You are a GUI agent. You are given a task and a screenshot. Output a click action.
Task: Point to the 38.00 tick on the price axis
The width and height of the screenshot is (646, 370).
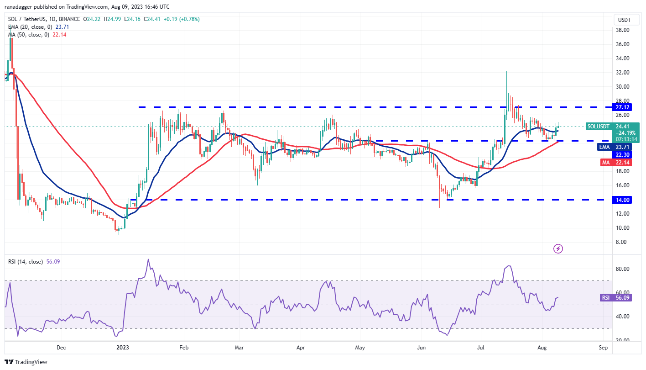coord(623,30)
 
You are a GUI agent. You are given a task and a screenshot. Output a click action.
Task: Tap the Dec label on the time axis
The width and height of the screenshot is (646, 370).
coord(62,348)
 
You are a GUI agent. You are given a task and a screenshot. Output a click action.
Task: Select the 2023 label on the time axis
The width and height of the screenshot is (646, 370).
coord(123,348)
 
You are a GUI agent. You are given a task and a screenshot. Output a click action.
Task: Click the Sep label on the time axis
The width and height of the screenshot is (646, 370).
coord(603,348)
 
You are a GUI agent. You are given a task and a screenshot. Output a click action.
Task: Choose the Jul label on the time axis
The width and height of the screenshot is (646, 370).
coord(480,348)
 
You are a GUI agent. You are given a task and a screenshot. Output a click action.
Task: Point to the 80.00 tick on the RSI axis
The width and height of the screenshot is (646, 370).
coord(623,269)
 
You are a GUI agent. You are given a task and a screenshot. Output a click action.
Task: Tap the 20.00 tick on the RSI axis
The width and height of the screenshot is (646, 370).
coord(623,340)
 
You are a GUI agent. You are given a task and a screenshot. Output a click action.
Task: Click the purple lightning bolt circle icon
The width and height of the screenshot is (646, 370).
coord(558,249)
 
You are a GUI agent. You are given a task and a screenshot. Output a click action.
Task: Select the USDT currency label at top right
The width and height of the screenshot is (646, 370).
coord(624,20)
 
